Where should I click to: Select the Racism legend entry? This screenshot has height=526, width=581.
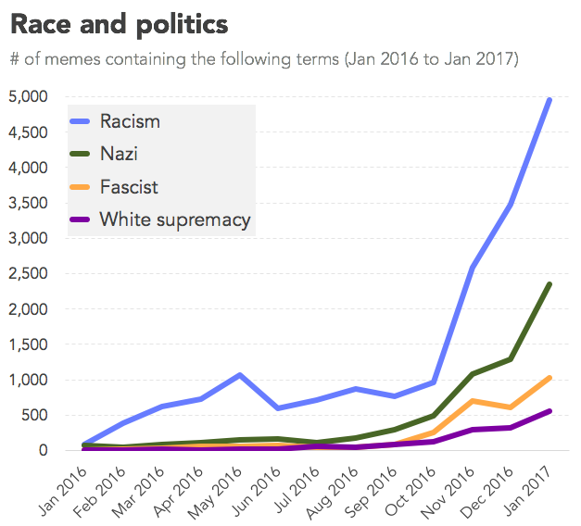[x=130, y=121]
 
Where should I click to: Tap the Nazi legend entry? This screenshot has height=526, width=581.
[x=119, y=155]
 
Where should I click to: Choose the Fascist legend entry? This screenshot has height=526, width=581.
[x=129, y=187]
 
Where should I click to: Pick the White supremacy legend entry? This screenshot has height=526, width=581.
[x=175, y=219]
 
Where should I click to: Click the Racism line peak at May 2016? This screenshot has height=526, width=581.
[x=240, y=375]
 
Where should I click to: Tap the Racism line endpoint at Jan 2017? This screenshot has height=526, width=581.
[x=550, y=99]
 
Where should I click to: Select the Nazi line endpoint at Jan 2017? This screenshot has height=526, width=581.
[x=550, y=284]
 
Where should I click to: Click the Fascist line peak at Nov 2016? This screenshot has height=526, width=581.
[x=473, y=401]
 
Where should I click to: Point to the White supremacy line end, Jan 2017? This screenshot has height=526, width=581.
[x=550, y=411]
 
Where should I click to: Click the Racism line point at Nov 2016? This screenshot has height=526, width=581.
[x=473, y=268]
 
